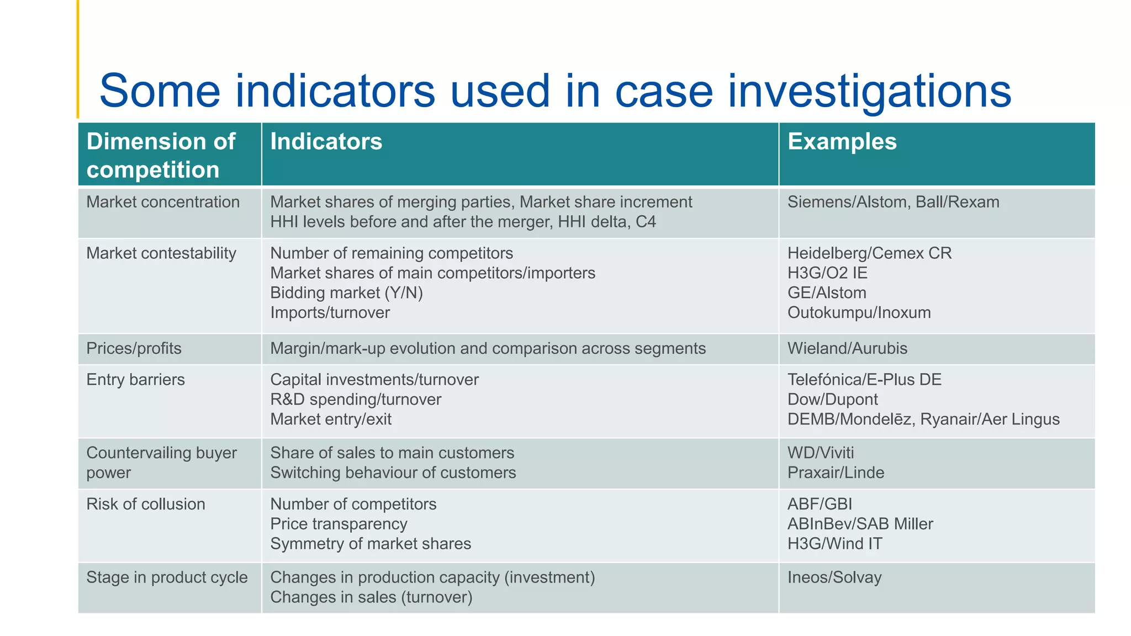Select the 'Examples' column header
pos(842,141)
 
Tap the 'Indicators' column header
pos(326,141)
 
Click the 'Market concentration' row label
pos(163,202)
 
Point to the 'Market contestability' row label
pos(161,253)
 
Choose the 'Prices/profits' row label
pos(134,348)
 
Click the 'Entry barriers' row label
pos(135,380)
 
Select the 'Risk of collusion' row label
pos(146,504)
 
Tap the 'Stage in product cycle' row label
pos(167,577)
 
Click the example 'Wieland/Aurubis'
pos(847,348)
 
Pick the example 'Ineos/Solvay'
pos(834,577)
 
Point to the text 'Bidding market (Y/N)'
pos(346,293)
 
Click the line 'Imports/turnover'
pos(330,312)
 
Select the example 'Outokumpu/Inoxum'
pos(859,312)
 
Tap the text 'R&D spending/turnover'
pos(356,399)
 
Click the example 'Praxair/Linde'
pos(836,473)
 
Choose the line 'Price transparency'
pos(339,524)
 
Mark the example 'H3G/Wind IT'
pos(834,544)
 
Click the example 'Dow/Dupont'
pos(832,399)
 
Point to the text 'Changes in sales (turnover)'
pos(371,597)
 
